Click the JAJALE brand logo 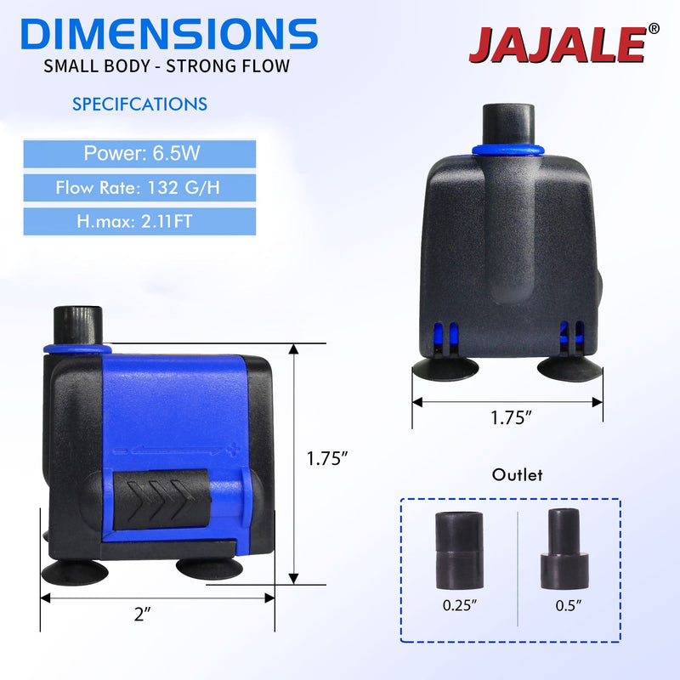(x=557, y=45)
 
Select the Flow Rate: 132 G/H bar (x=138, y=188)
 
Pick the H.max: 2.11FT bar (x=138, y=222)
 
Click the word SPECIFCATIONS (x=139, y=105)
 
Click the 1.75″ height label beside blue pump (x=327, y=459)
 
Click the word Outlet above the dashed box (x=517, y=475)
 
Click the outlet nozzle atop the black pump (x=507, y=125)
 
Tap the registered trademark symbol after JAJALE (x=653, y=28)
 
